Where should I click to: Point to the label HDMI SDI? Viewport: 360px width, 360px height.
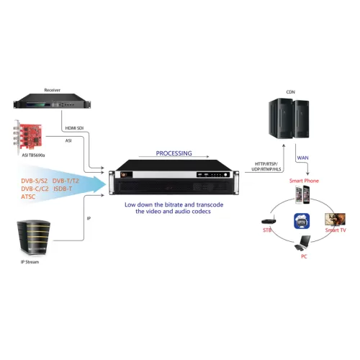coord(76,128)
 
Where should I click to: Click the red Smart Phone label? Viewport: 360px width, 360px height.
coord(305,182)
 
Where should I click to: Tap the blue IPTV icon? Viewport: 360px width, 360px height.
coord(301,222)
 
